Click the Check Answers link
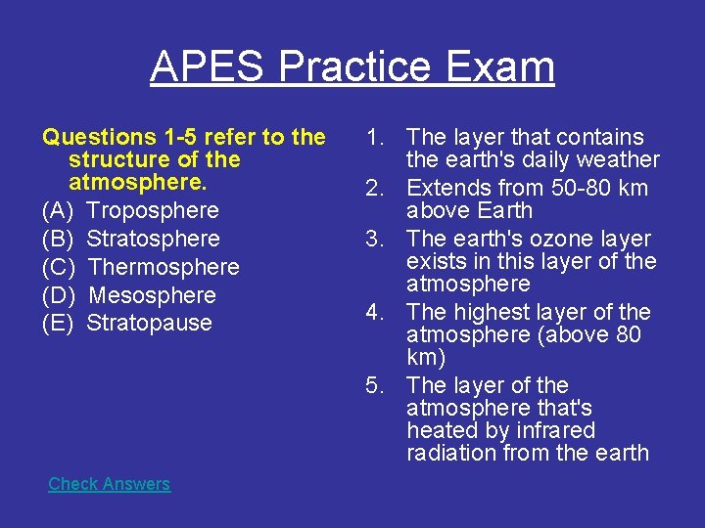coord(109,484)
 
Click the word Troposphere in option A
coord(153,210)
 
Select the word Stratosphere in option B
coord(153,239)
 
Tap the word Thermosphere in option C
coord(164,267)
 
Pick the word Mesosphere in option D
coord(152,295)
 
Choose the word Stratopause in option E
coord(149,324)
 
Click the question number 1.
coord(374,138)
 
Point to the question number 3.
coord(374,239)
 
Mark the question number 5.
coord(374,385)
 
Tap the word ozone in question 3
coord(549,239)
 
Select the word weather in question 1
coord(620,159)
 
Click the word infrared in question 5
coord(550,430)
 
